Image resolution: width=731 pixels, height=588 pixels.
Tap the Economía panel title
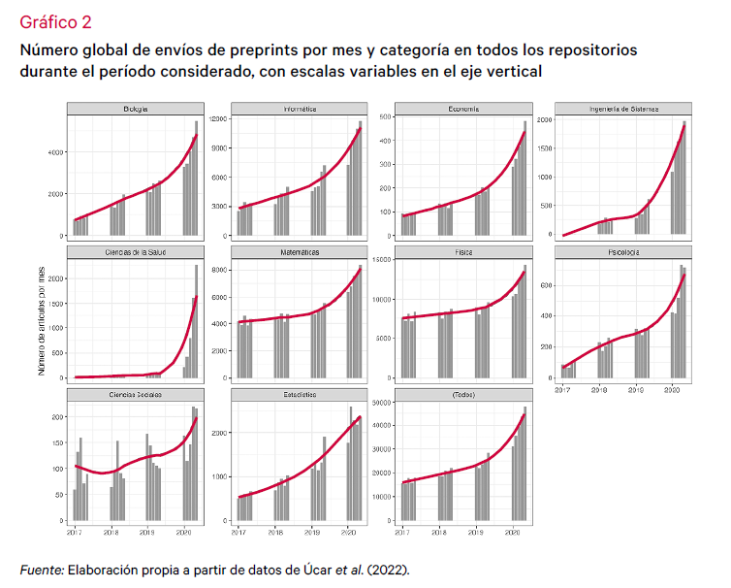click(461, 109)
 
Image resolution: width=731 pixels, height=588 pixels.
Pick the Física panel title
click(461, 252)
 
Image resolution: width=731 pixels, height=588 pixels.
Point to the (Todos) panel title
click(461, 396)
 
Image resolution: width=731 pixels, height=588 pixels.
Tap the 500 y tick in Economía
click(383, 117)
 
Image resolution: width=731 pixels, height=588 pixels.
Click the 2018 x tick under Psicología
click(598, 390)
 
